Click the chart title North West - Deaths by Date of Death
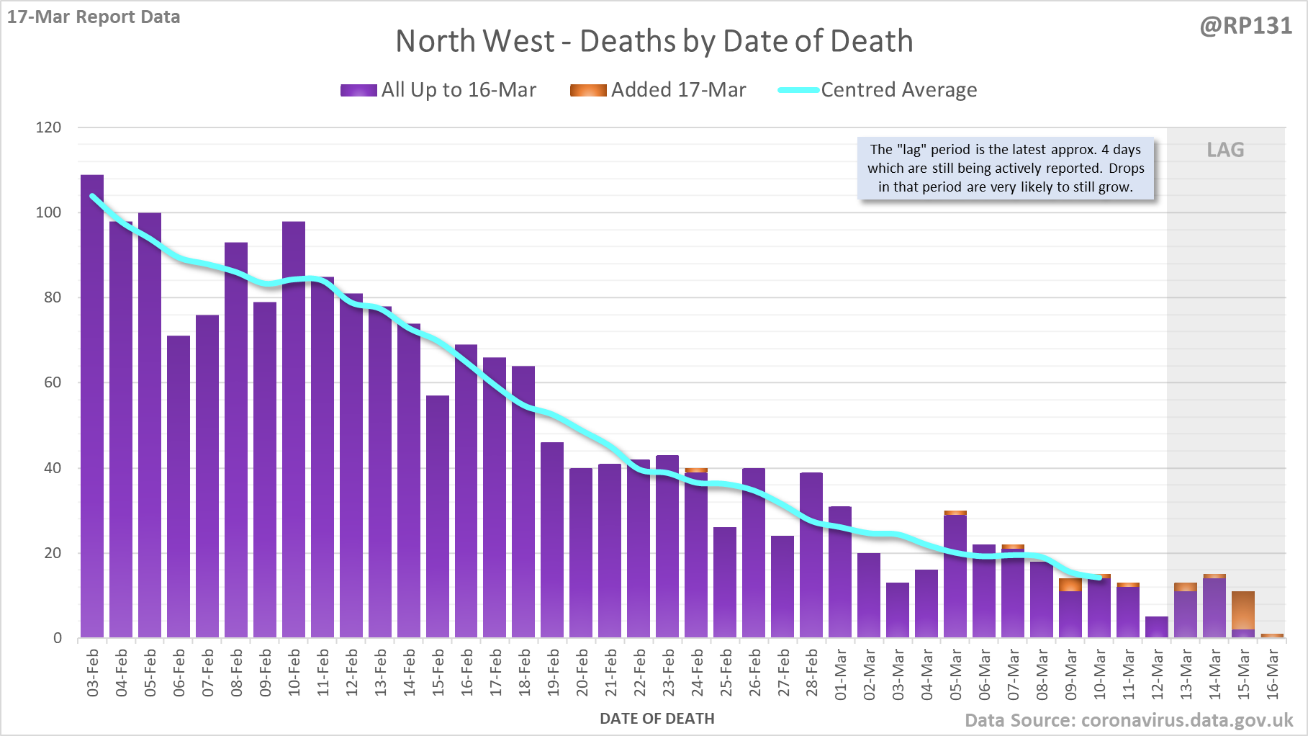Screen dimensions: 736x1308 [654, 41]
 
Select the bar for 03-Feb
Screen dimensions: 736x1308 [92, 407]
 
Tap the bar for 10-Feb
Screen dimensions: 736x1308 [294, 430]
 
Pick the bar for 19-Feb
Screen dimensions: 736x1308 [552, 540]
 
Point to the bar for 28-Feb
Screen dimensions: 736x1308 [811, 555]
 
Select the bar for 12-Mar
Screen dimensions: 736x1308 [1157, 627]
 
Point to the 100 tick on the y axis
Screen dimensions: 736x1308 [49, 212]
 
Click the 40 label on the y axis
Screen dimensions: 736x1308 [53, 468]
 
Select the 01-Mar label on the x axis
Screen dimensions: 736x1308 [841, 673]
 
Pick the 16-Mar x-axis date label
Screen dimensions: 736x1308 [1273, 673]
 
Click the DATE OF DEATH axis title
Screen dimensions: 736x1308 [657, 719]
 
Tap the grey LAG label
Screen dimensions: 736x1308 [1225, 150]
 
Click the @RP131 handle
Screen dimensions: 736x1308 [1245, 26]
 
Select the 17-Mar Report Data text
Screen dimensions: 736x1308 [94, 17]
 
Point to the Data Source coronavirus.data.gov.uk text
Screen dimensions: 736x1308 [1129, 720]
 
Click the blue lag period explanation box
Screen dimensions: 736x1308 [1006, 169]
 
